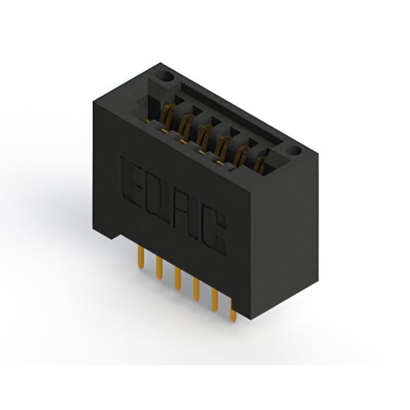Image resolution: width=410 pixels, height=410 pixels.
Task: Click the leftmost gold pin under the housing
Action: pyautogui.click(x=141, y=258)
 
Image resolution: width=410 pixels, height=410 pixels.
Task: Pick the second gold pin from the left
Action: pyautogui.click(x=160, y=268)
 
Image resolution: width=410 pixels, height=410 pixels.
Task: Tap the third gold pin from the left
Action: pyautogui.click(x=178, y=279)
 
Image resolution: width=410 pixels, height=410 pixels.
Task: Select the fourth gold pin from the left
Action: pyautogui.click(x=196, y=290)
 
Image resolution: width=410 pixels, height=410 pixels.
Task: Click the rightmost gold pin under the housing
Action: pyautogui.click(x=233, y=312)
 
